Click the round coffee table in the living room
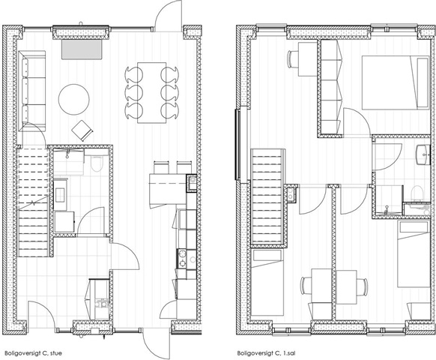coord(74,99)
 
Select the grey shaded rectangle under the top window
coord(82,49)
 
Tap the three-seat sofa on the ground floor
coord(32,91)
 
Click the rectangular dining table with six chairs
coord(151,92)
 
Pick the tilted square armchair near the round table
coord(82,130)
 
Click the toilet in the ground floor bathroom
coord(97,164)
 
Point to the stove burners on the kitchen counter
coord(182,259)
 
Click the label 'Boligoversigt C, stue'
coord(33,353)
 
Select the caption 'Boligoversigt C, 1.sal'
coord(266,353)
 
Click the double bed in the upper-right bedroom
coord(396,82)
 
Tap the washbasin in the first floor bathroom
coord(423,154)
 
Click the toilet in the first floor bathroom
coord(417,193)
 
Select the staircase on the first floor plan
coord(267,196)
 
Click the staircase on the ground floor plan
coord(33,202)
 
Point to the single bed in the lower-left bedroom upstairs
coord(267,282)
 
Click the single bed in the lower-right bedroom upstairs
coord(414,254)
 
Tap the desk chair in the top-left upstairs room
coord(291,58)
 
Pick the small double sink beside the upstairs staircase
coord(291,193)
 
